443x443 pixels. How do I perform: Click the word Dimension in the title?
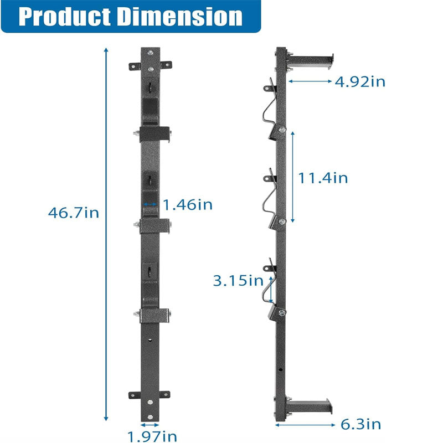point(179,17)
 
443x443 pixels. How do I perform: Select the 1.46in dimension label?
point(187,204)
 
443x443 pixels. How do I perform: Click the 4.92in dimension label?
point(360,82)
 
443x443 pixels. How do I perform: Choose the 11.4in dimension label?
point(323,178)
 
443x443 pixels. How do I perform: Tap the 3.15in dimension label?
point(238,280)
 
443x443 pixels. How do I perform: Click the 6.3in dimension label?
point(360,425)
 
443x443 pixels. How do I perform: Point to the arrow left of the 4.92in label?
point(310,81)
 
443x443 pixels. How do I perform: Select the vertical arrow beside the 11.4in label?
point(292,177)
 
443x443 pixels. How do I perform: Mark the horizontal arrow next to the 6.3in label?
point(305,425)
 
